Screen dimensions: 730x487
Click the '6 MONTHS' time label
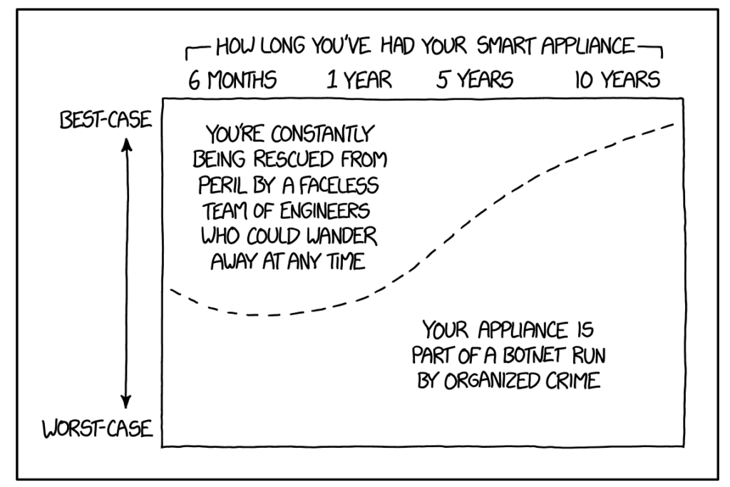pos(232,80)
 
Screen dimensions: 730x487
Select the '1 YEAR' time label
pos(359,80)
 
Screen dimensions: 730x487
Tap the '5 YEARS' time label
pos(474,80)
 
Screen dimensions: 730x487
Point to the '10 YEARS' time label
pos(617,80)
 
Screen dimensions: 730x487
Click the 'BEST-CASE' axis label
pos(106,120)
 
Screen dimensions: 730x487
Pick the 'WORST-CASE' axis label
pos(97,429)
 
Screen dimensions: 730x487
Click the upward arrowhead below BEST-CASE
pos(126,145)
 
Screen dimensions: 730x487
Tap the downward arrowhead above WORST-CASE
pos(125,402)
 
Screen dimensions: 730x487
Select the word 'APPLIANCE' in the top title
pos(587,46)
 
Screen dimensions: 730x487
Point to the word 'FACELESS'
pos(339,186)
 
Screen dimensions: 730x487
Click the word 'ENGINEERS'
pos(325,211)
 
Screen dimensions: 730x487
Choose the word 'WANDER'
pos(341,236)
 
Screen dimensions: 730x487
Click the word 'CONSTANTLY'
pos(322,134)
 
